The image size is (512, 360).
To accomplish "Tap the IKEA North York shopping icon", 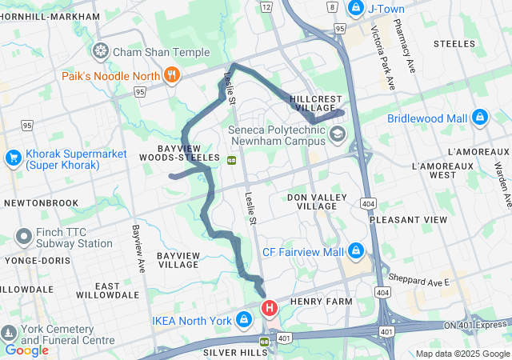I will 244,322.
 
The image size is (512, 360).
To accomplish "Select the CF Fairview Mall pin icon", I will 356,253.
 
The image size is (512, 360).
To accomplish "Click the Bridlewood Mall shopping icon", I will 480,118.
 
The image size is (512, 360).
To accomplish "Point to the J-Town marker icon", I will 355,9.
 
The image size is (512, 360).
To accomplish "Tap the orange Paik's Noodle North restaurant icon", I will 170,76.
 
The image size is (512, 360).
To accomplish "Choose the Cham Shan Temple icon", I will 101,52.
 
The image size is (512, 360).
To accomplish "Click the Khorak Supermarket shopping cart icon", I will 13,158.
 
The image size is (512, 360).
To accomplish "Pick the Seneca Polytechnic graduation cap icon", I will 338,134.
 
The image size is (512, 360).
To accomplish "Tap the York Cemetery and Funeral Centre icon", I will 9,332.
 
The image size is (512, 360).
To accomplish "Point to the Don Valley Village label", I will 317,201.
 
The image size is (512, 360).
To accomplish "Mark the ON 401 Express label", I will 477,324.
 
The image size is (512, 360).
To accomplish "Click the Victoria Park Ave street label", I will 382,57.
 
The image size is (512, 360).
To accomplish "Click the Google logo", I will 27,350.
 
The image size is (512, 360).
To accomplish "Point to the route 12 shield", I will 266,6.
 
